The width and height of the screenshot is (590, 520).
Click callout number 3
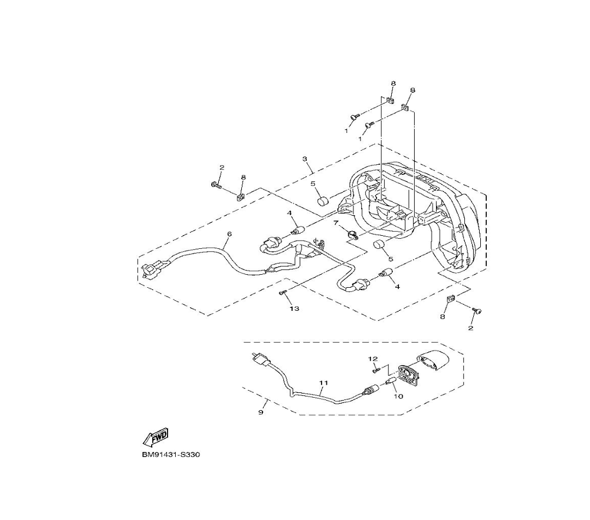(x=305, y=159)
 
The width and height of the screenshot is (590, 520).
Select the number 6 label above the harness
(x=230, y=235)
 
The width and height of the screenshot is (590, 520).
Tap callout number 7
(x=336, y=223)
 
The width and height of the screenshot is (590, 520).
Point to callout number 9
(x=261, y=412)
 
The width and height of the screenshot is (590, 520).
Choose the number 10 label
(x=398, y=396)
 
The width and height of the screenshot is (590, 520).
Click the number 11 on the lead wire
(x=323, y=383)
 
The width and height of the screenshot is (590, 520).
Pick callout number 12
(x=373, y=359)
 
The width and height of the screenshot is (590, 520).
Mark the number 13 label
(x=294, y=308)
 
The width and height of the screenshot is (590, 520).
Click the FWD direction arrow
(x=155, y=437)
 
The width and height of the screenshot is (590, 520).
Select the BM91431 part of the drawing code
(x=156, y=455)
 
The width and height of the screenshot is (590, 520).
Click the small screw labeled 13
(x=283, y=292)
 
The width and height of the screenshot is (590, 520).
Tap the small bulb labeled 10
(x=391, y=382)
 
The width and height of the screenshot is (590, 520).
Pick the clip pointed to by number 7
(x=352, y=235)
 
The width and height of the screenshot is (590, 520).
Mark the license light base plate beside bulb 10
(x=408, y=375)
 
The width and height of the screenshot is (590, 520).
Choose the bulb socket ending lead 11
(x=371, y=391)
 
